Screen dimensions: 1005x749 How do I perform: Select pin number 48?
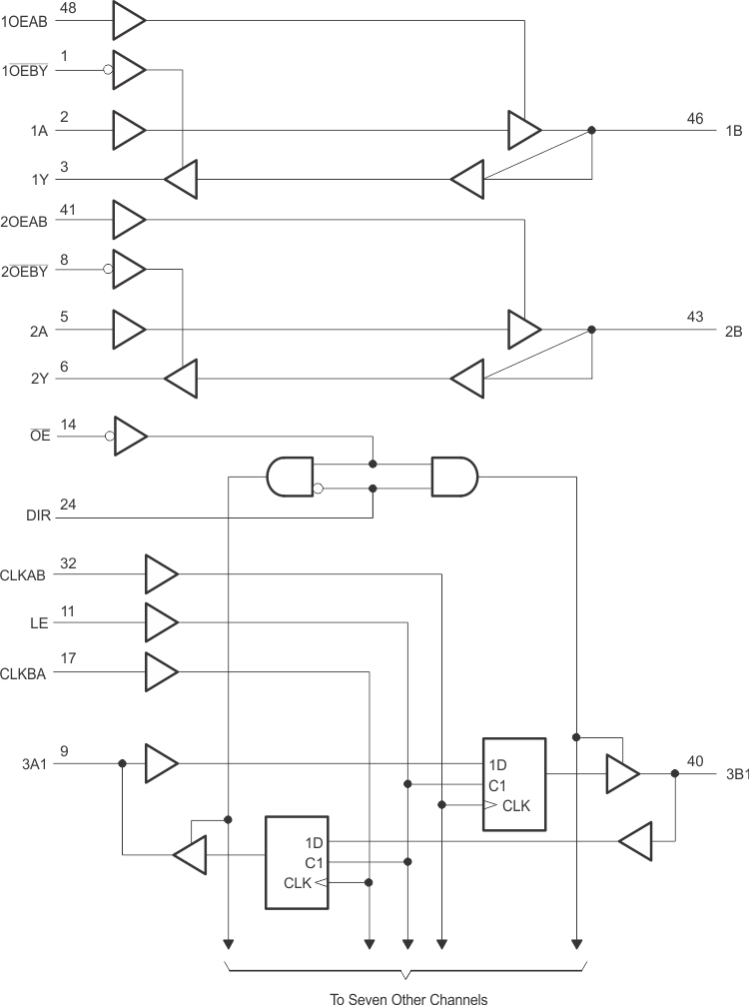(67, 8)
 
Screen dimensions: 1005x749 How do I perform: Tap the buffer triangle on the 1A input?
(129, 129)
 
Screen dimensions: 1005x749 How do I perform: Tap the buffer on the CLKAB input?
(161, 573)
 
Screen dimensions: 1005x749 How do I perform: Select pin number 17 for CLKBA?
(68, 659)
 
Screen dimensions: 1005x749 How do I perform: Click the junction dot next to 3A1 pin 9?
(122, 763)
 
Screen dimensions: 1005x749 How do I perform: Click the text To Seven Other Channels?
(409, 996)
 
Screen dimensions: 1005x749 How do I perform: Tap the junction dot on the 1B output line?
(592, 130)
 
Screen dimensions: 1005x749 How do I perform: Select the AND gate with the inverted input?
(291, 478)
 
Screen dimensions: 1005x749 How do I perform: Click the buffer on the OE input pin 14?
(130, 436)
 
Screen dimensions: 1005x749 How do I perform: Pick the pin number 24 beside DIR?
(67, 505)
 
